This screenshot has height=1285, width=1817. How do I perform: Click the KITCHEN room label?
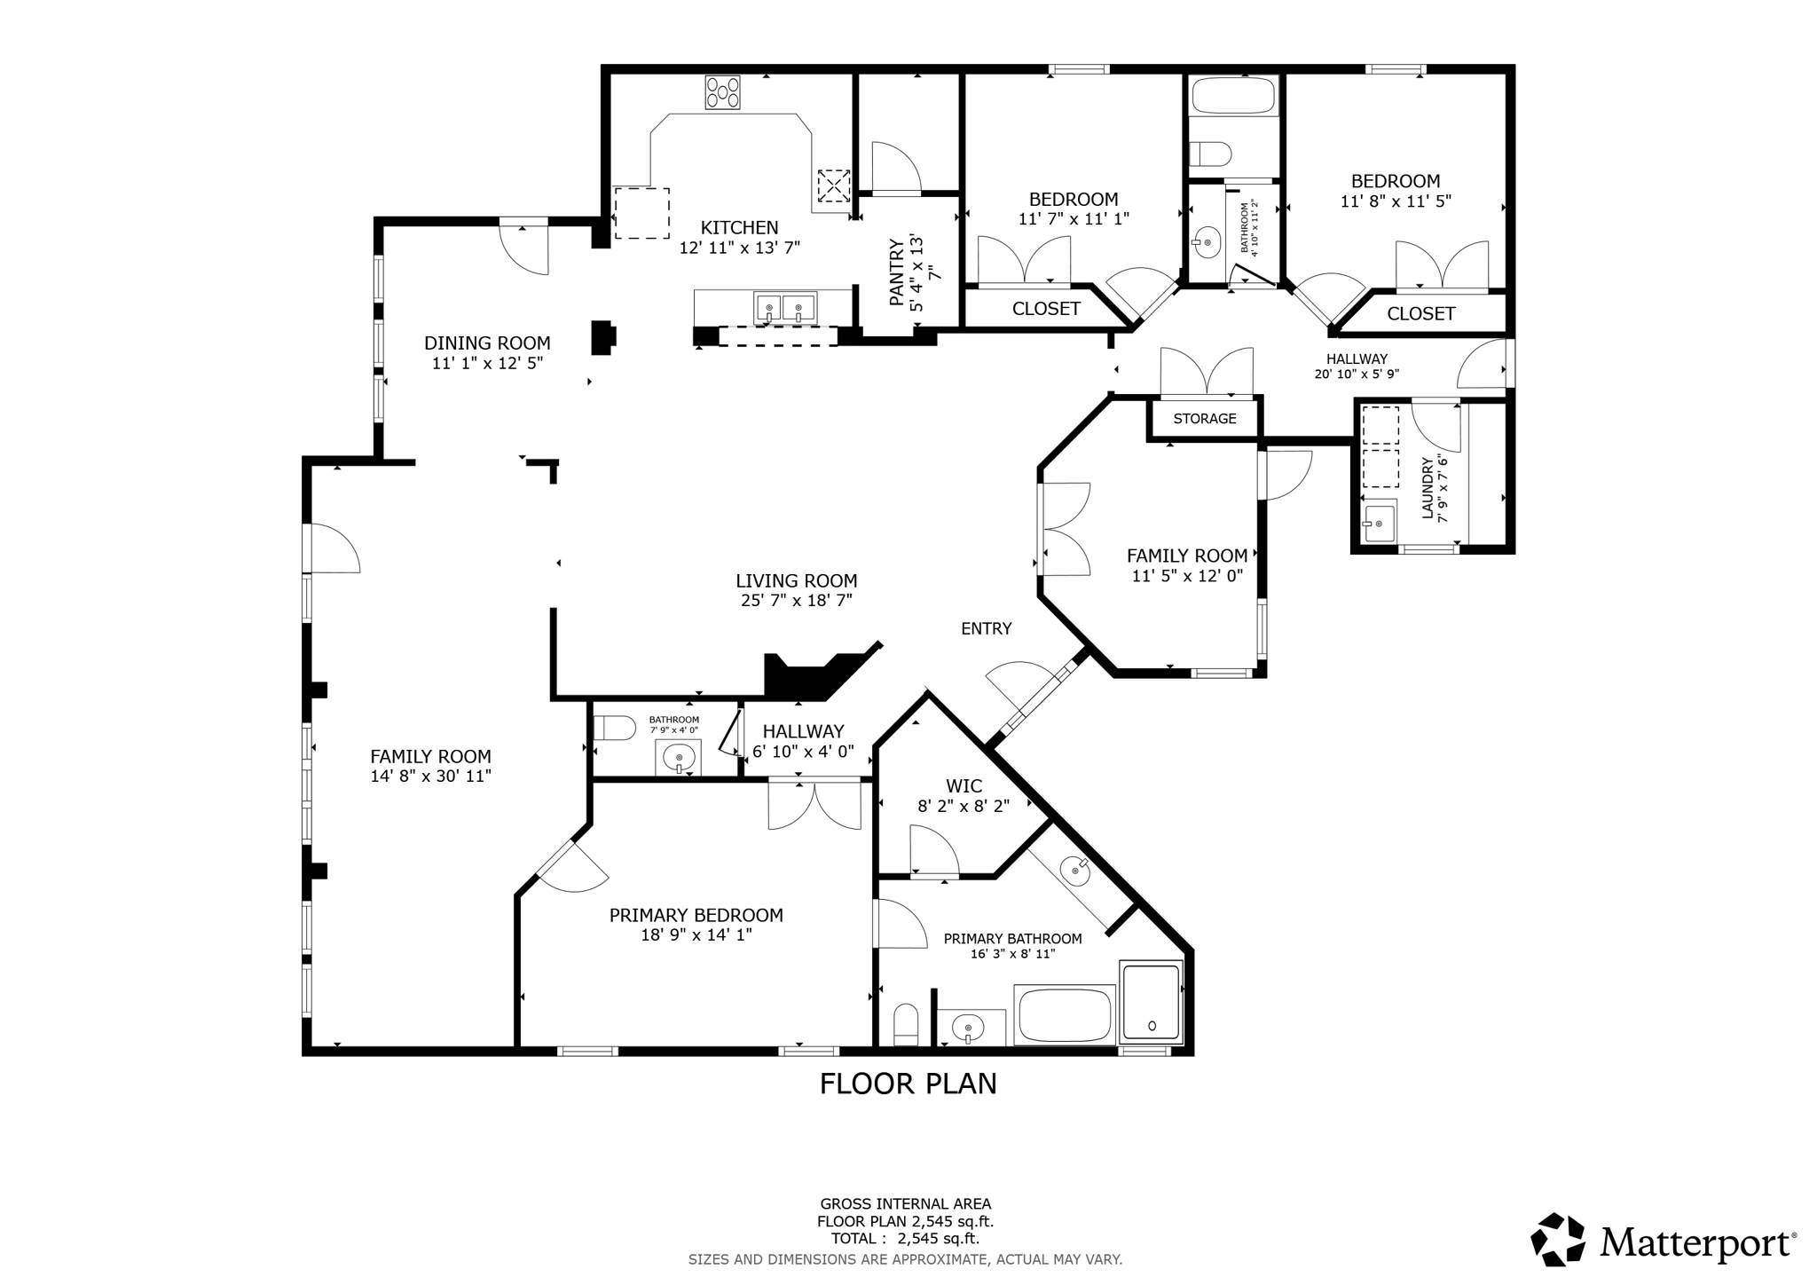click(739, 228)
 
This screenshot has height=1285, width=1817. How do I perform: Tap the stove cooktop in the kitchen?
click(722, 92)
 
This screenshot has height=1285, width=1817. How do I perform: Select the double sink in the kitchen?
click(785, 308)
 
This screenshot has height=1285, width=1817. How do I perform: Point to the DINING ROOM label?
click(487, 343)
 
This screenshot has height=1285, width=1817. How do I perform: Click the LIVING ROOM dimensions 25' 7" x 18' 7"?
click(797, 601)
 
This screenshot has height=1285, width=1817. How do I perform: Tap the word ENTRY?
click(986, 629)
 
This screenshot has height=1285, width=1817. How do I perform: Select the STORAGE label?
click(1204, 419)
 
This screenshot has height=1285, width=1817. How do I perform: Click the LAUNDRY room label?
click(1428, 487)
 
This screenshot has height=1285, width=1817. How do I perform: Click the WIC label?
click(964, 786)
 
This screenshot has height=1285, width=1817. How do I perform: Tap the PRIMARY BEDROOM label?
click(696, 915)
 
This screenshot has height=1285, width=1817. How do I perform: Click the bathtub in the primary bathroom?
click(1065, 1015)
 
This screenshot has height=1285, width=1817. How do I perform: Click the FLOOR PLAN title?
click(908, 1084)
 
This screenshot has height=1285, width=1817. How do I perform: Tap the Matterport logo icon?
click(1558, 1239)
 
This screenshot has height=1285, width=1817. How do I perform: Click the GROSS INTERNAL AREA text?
click(905, 1204)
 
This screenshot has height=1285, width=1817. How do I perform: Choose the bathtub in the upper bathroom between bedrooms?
click(1233, 96)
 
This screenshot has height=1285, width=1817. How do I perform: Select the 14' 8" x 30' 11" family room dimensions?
click(430, 777)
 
